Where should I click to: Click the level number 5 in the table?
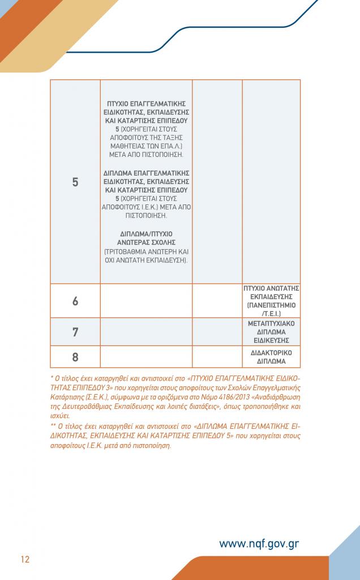(x=75, y=182)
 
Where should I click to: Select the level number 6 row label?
(x=75, y=301)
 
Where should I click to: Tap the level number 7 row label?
(x=75, y=332)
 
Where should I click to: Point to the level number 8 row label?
(x=75, y=357)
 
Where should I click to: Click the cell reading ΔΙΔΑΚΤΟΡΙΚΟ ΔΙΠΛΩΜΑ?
(x=271, y=357)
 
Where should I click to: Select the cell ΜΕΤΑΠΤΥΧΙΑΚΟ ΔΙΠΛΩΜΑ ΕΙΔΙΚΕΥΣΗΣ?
(x=271, y=332)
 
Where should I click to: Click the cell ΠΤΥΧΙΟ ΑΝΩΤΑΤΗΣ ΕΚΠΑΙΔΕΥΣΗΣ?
(x=271, y=292)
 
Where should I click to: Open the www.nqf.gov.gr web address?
(x=259, y=544)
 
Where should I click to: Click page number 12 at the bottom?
(x=25, y=560)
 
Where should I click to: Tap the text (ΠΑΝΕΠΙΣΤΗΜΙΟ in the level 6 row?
(x=271, y=305)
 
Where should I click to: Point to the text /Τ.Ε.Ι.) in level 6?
(x=272, y=313)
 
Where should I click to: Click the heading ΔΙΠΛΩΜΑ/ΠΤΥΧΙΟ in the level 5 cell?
(x=147, y=233)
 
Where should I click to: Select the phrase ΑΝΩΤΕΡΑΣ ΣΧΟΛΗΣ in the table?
(x=147, y=242)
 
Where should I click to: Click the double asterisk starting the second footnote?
(x=53, y=426)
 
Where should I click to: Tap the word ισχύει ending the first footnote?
(x=60, y=416)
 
